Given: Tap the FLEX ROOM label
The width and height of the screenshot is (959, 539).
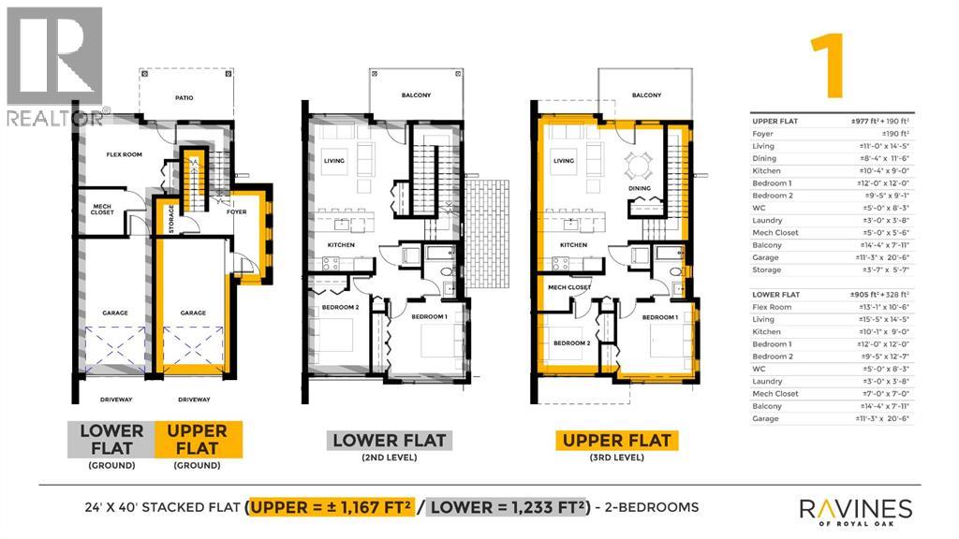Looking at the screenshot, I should tap(124, 154).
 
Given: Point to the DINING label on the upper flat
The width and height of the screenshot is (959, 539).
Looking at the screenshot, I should tap(640, 188).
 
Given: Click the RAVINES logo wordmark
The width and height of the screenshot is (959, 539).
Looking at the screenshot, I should tap(855, 509).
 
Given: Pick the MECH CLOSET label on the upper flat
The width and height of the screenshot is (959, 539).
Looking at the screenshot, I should tap(568, 287).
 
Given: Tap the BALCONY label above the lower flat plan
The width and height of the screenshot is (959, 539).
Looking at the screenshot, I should tap(417, 95).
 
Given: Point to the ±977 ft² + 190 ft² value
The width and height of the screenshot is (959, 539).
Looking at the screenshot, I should tap(870, 121).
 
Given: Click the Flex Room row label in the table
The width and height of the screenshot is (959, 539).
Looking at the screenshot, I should tap(773, 307).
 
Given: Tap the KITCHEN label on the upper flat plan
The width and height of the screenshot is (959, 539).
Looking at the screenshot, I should tap(573, 245).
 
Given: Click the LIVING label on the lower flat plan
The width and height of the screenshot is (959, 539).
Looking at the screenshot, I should tap(334, 161).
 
